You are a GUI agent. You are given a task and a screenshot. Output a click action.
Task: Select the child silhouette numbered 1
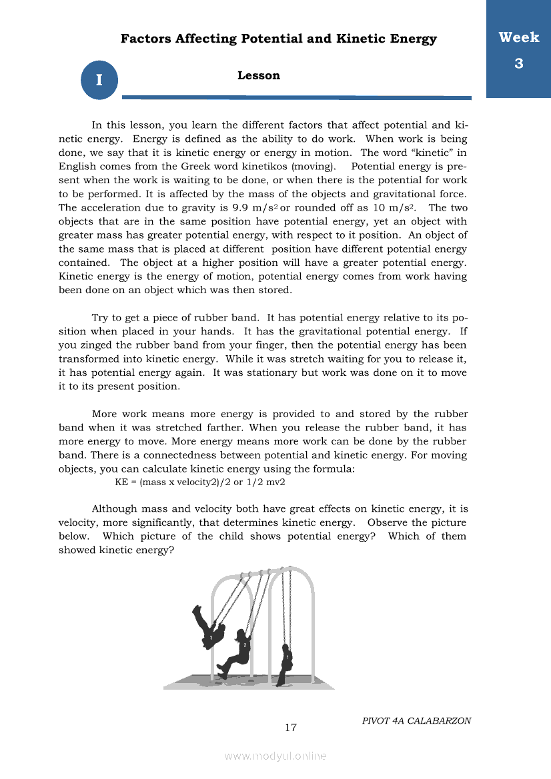tap(286, 664)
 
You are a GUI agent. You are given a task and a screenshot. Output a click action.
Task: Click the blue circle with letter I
tap(99, 81)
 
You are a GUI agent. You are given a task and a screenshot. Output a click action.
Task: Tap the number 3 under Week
tap(518, 64)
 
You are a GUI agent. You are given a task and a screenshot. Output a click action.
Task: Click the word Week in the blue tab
tap(518, 38)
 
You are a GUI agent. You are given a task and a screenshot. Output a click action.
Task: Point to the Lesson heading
tap(259, 76)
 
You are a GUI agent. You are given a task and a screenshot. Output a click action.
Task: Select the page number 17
tap(291, 727)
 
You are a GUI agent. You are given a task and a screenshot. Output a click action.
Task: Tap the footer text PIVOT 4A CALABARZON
tap(416, 720)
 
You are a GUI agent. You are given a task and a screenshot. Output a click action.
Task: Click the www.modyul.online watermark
tap(275, 756)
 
